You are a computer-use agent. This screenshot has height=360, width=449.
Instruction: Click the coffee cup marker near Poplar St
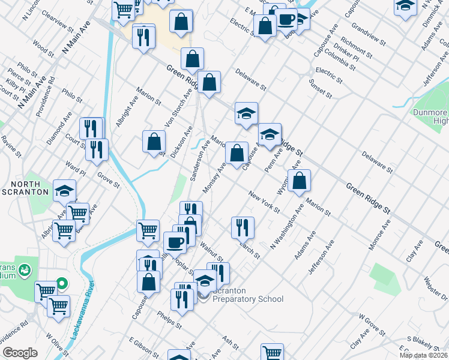[x=175, y=243]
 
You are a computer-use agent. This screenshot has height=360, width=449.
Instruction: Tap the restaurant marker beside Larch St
[x=243, y=227]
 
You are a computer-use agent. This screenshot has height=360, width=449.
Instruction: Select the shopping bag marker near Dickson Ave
[x=154, y=142]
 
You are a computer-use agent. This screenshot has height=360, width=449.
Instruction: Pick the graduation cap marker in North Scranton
[x=64, y=191]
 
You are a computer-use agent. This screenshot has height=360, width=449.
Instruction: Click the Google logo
[x=20, y=353]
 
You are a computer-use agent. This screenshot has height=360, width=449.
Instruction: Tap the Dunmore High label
[x=430, y=116]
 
